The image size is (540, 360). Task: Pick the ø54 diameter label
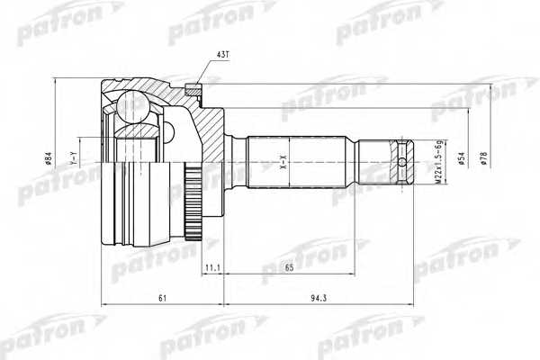[462, 159]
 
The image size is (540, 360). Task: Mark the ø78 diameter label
[483, 159]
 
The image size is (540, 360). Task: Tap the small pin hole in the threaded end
[401, 163]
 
